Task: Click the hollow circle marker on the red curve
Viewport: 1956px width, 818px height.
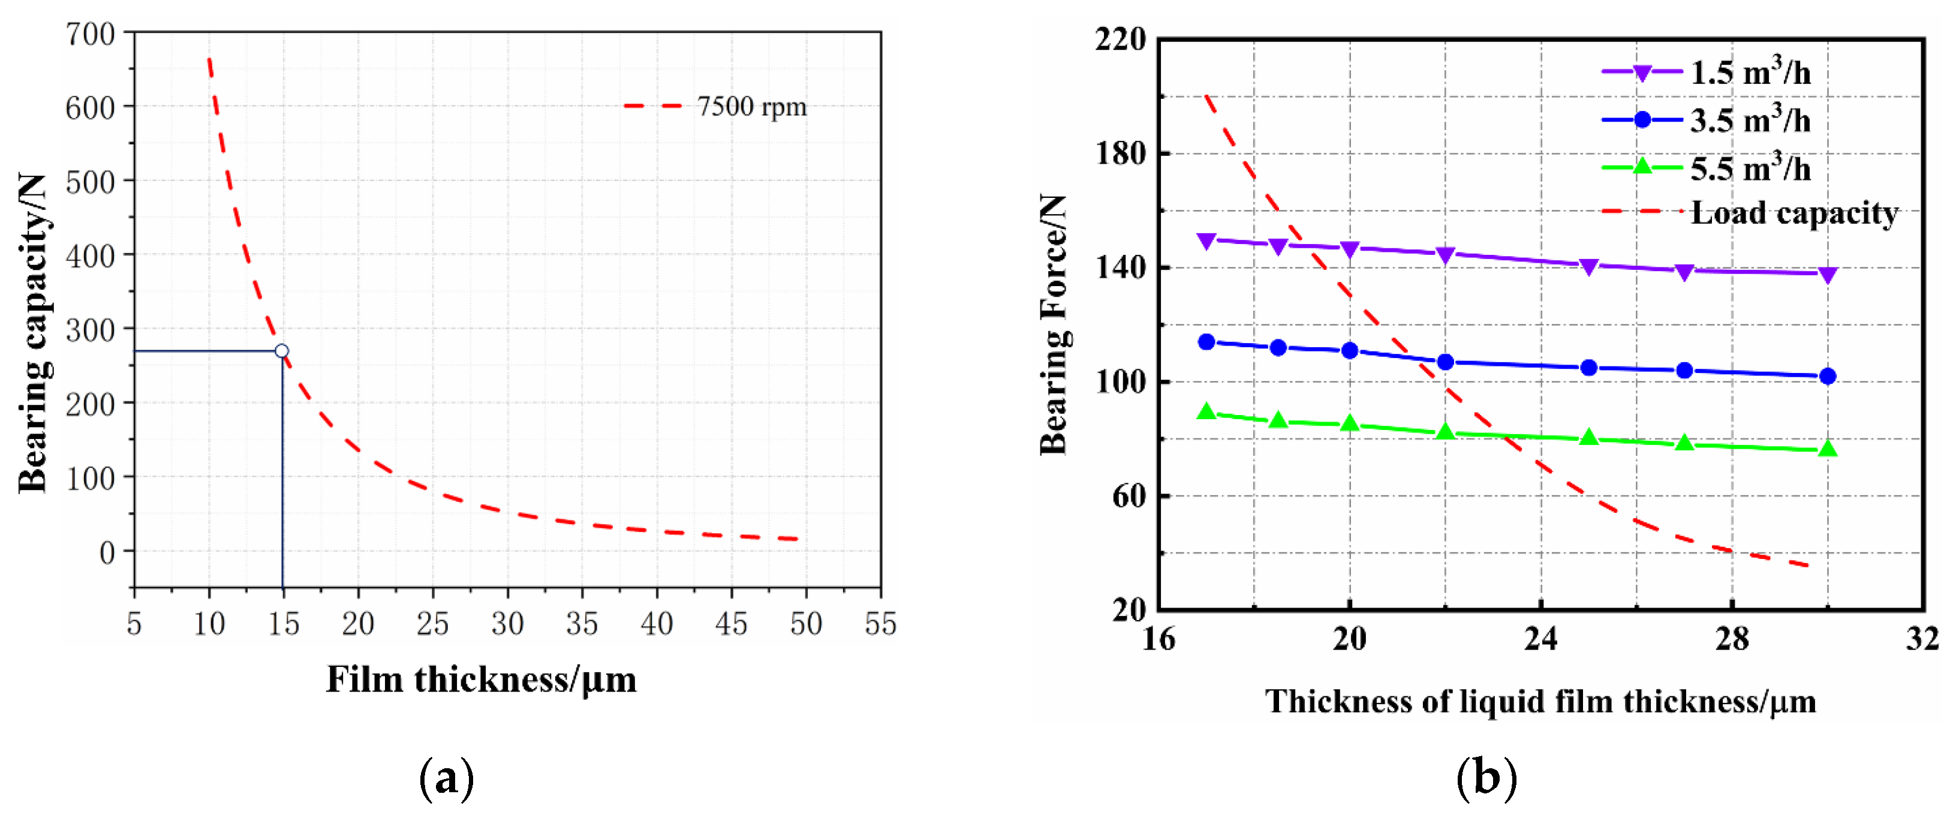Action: (282, 351)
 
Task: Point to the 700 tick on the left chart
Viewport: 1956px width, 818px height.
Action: (91, 34)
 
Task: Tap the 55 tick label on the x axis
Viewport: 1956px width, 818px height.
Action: (880, 624)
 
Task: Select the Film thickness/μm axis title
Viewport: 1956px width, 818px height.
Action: (482, 679)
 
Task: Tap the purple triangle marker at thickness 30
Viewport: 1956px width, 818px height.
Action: (1828, 274)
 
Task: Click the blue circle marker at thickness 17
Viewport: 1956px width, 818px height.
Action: (1206, 342)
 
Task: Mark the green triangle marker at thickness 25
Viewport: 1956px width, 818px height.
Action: (1588, 437)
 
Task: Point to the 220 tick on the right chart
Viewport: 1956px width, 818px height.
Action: (1121, 40)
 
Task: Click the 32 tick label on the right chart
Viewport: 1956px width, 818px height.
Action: (1922, 639)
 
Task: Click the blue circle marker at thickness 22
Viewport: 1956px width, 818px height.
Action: (1446, 362)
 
